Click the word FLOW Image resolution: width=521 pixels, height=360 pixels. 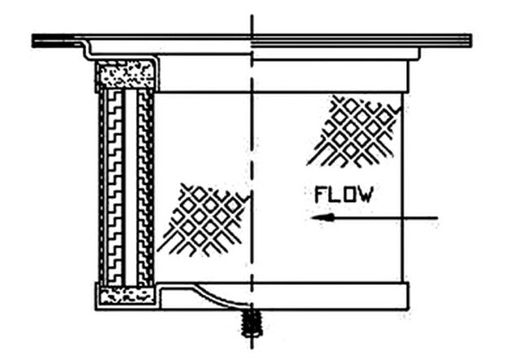(x=344, y=195)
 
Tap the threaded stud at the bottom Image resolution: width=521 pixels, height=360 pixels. (x=252, y=323)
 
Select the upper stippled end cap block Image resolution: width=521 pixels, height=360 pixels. (x=127, y=74)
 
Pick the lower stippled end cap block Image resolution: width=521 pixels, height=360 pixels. (x=127, y=296)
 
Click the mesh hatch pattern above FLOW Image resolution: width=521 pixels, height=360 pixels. (x=353, y=131)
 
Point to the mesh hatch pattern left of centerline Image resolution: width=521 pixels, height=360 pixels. (x=204, y=219)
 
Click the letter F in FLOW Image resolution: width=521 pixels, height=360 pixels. (x=320, y=195)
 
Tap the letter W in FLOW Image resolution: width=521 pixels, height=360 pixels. (x=366, y=195)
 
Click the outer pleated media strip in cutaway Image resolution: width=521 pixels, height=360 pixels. (x=115, y=188)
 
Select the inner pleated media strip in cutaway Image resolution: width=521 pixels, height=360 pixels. (x=144, y=188)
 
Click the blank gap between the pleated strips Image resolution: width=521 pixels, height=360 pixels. (x=131, y=188)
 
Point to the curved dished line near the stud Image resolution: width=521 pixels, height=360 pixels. (x=220, y=296)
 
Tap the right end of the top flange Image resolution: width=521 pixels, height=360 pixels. (x=471, y=41)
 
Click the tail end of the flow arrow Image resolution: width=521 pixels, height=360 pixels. (x=437, y=218)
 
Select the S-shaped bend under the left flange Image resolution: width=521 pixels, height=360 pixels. (x=87, y=50)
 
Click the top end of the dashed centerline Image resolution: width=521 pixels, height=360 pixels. (x=252, y=15)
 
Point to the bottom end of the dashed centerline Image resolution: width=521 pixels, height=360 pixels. (x=252, y=348)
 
